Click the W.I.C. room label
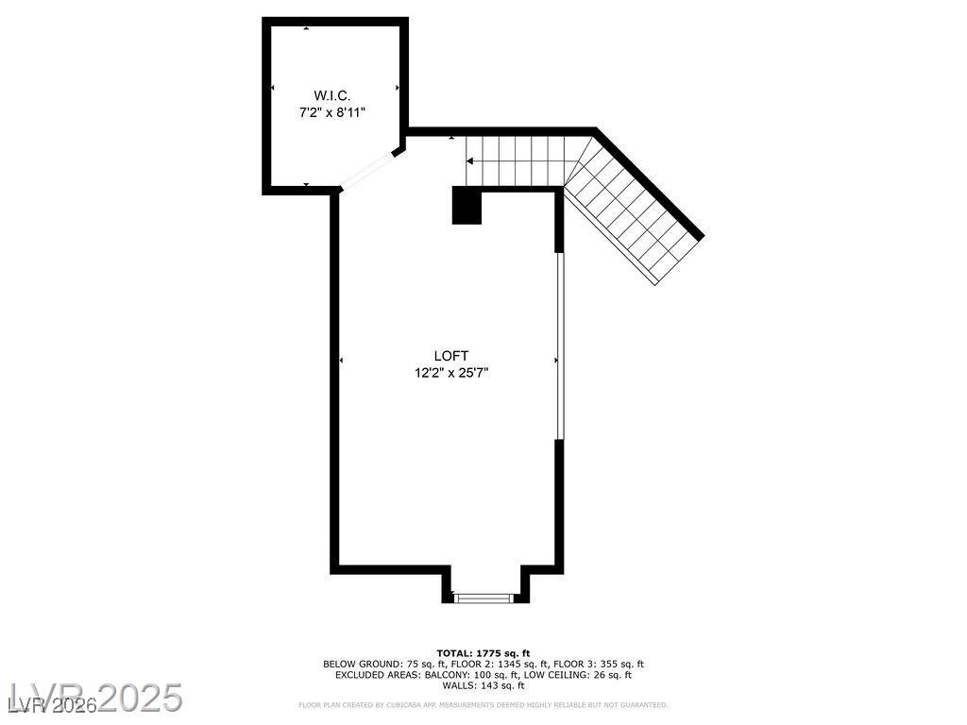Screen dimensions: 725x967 (331, 95)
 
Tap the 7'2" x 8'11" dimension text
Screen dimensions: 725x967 (331, 112)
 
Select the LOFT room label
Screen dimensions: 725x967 (450, 356)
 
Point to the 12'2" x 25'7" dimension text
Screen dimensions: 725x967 (450, 373)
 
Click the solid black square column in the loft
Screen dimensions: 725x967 (467, 206)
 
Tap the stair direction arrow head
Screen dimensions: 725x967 (470, 161)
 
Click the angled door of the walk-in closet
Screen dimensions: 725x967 (367, 170)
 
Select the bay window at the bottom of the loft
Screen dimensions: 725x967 (483, 597)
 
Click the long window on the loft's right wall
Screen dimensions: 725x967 (559, 346)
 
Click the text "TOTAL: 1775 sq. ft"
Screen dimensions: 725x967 (483, 653)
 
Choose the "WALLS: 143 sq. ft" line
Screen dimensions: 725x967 (483, 685)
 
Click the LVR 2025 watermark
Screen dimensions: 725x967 (93, 699)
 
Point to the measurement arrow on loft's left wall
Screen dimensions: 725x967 (341, 361)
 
